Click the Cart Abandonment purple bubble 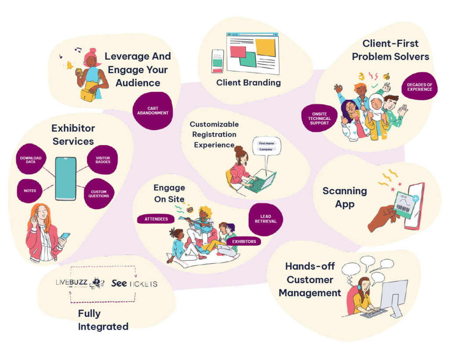(x=152, y=110)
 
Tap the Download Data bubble (x=31, y=160)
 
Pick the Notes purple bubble (x=30, y=191)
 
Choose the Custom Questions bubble (x=99, y=193)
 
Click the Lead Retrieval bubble (x=265, y=219)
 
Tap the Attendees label (x=156, y=218)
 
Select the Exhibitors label (x=244, y=241)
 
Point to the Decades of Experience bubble (x=419, y=87)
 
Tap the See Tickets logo (x=134, y=284)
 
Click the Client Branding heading (x=248, y=82)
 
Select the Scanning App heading (x=345, y=197)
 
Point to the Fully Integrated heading (x=103, y=320)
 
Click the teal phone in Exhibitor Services (x=65, y=178)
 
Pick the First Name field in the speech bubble (x=266, y=144)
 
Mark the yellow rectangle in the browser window (x=265, y=47)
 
